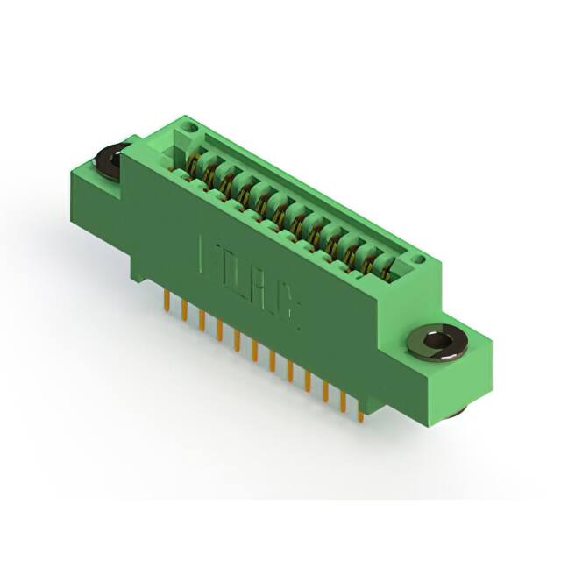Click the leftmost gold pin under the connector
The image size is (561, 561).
[167, 302]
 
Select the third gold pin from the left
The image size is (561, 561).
[201, 320]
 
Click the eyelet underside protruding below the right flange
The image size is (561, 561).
[458, 411]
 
